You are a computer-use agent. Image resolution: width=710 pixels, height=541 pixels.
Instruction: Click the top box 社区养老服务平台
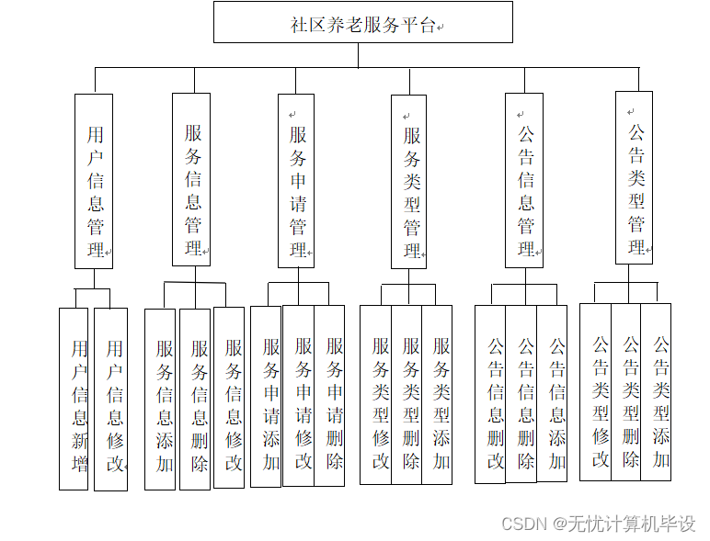pos(363,23)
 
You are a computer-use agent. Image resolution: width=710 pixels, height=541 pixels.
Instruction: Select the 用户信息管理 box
pos(94,181)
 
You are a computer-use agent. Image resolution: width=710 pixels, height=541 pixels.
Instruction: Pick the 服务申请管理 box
pos(296,181)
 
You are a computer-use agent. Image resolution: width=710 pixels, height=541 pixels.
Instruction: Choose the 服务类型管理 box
pos(410,182)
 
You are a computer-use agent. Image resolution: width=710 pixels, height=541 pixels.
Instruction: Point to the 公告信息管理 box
pos(524,180)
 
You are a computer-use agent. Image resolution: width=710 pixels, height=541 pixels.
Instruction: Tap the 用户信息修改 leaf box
pos(111,399)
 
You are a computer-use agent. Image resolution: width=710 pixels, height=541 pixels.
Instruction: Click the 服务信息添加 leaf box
pos(160,399)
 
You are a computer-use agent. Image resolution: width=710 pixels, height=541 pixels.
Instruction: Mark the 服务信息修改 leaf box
pos(230,397)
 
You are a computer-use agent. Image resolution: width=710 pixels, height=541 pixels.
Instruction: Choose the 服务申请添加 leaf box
pos(267,396)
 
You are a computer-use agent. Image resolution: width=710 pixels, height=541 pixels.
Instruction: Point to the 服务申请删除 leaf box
pos(330,396)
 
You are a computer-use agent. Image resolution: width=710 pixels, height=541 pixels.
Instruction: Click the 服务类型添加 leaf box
pos(438,395)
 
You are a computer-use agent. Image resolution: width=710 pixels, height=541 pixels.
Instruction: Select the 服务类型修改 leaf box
pos(375,395)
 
